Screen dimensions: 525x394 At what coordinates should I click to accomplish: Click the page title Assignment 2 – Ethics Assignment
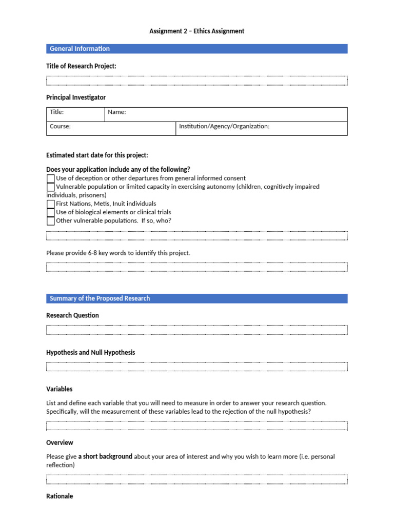(x=196, y=31)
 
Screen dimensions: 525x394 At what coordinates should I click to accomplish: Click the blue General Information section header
(x=196, y=49)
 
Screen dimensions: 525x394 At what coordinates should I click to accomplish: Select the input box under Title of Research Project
(x=196, y=80)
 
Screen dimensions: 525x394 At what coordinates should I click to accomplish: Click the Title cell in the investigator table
(x=75, y=114)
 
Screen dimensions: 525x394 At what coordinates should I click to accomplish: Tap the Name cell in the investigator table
(x=226, y=114)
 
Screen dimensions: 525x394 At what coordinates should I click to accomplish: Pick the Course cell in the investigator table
(x=111, y=128)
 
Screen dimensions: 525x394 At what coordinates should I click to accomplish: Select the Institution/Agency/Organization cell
(x=261, y=128)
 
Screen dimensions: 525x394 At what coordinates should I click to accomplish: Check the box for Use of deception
(x=50, y=178)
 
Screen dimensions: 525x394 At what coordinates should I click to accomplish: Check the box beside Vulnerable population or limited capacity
(x=50, y=187)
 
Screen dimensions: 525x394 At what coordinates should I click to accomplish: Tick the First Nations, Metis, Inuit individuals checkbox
(x=50, y=204)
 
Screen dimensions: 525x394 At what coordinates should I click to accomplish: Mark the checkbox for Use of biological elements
(x=50, y=212)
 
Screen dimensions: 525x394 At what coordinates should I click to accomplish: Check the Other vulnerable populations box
(x=50, y=221)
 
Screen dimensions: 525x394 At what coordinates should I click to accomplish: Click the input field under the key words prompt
(x=196, y=267)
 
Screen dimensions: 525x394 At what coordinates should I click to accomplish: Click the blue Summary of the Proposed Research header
(x=196, y=298)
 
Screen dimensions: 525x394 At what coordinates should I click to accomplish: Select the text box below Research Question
(x=196, y=330)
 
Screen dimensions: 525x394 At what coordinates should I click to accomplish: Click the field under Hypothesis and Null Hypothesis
(x=196, y=367)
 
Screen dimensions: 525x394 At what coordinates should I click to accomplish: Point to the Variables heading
(x=60, y=389)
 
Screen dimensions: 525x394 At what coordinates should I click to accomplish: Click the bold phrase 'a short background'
(x=105, y=456)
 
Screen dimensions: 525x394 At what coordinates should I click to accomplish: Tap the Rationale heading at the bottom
(x=60, y=496)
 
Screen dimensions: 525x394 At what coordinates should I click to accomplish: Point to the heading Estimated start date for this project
(x=97, y=155)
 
